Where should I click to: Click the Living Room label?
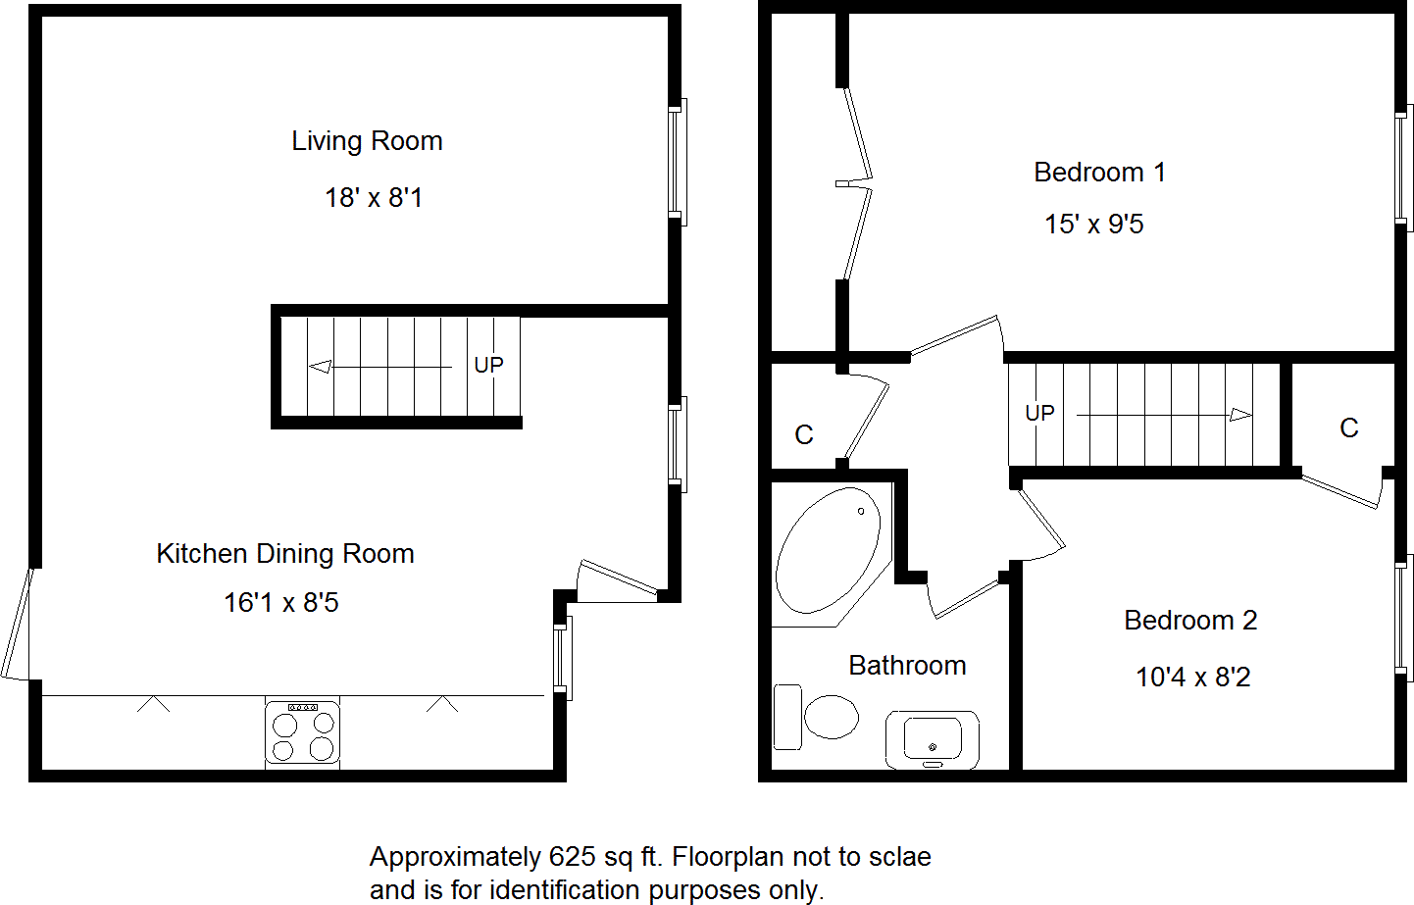[367, 141]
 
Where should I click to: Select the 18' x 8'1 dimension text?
[374, 198]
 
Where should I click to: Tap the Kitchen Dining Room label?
[285, 554]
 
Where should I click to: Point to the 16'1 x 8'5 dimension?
[281, 603]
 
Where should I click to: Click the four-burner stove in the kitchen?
[303, 733]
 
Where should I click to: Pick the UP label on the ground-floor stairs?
[488, 366]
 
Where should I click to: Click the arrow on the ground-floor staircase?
[380, 367]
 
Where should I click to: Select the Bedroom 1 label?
[1099, 173]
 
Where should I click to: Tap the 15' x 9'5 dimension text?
[1094, 225]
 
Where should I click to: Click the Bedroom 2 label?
[1190, 621]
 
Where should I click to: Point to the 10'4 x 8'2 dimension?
[1193, 678]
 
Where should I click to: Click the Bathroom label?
[907, 666]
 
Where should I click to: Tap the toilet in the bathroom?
[819, 717]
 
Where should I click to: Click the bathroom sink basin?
[933, 738]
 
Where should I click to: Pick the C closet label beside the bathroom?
[804, 435]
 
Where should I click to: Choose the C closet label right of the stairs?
[1349, 428]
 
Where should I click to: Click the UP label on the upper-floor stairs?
[1039, 414]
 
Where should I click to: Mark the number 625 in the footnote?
[573, 857]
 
